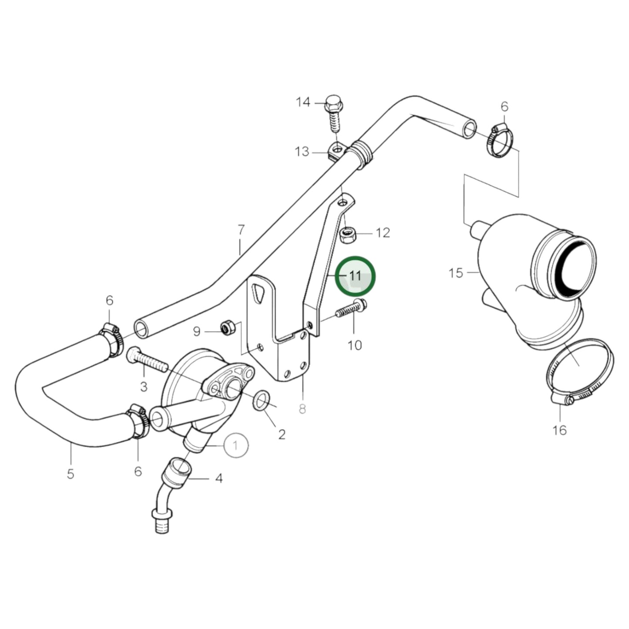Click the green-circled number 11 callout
pyautogui.click(x=355, y=276)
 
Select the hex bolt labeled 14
pyautogui.click(x=334, y=113)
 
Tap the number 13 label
pyautogui.click(x=302, y=152)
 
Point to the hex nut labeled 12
pyautogui.click(x=348, y=235)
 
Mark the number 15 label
pyautogui.click(x=456, y=273)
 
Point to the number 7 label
pyautogui.click(x=241, y=229)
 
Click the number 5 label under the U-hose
pyautogui.click(x=71, y=474)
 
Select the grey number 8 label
pyautogui.click(x=302, y=409)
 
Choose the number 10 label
pyautogui.click(x=355, y=345)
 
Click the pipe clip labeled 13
pyautogui.click(x=336, y=151)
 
